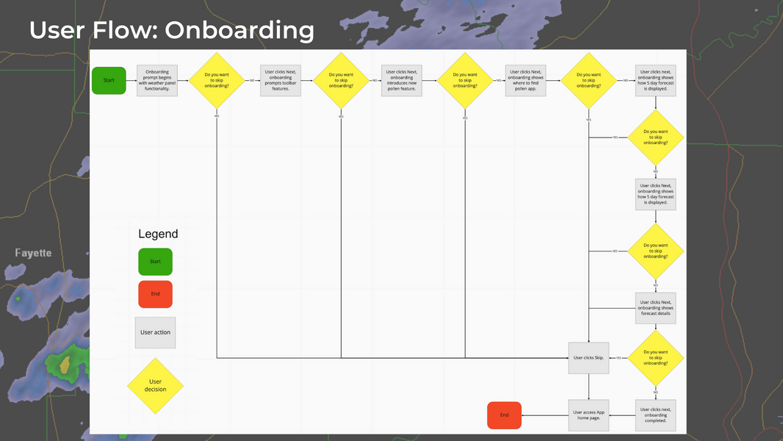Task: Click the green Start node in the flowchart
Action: tap(109, 80)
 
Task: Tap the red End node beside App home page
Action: tap(504, 415)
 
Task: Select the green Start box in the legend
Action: tap(155, 262)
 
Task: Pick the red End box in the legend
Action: tap(155, 294)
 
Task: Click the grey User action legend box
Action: tap(155, 332)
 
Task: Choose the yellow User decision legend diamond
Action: tap(155, 385)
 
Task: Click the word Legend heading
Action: tap(158, 234)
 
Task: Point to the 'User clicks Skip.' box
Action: tap(588, 358)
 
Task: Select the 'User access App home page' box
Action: tap(588, 415)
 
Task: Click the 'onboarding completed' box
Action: tap(655, 415)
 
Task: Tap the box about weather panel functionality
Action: tap(157, 80)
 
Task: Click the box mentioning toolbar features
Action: tap(281, 80)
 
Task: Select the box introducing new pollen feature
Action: tap(402, 80)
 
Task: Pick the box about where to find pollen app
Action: tap(526, 80)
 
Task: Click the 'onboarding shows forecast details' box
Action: tap(655, 308)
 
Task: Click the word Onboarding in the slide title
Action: tap(239, 30)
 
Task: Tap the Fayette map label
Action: tap(33, 253)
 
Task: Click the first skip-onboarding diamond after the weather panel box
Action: tap(217, 80)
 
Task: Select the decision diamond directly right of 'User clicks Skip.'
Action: tap(655, 358)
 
